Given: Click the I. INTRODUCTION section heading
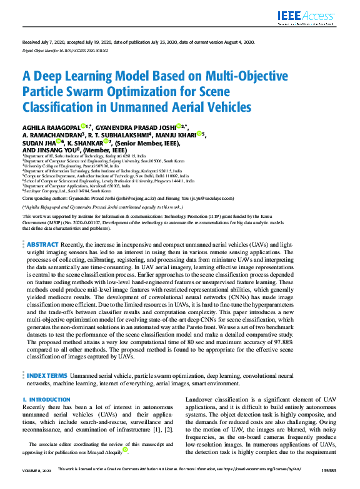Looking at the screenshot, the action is click(46, 398).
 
